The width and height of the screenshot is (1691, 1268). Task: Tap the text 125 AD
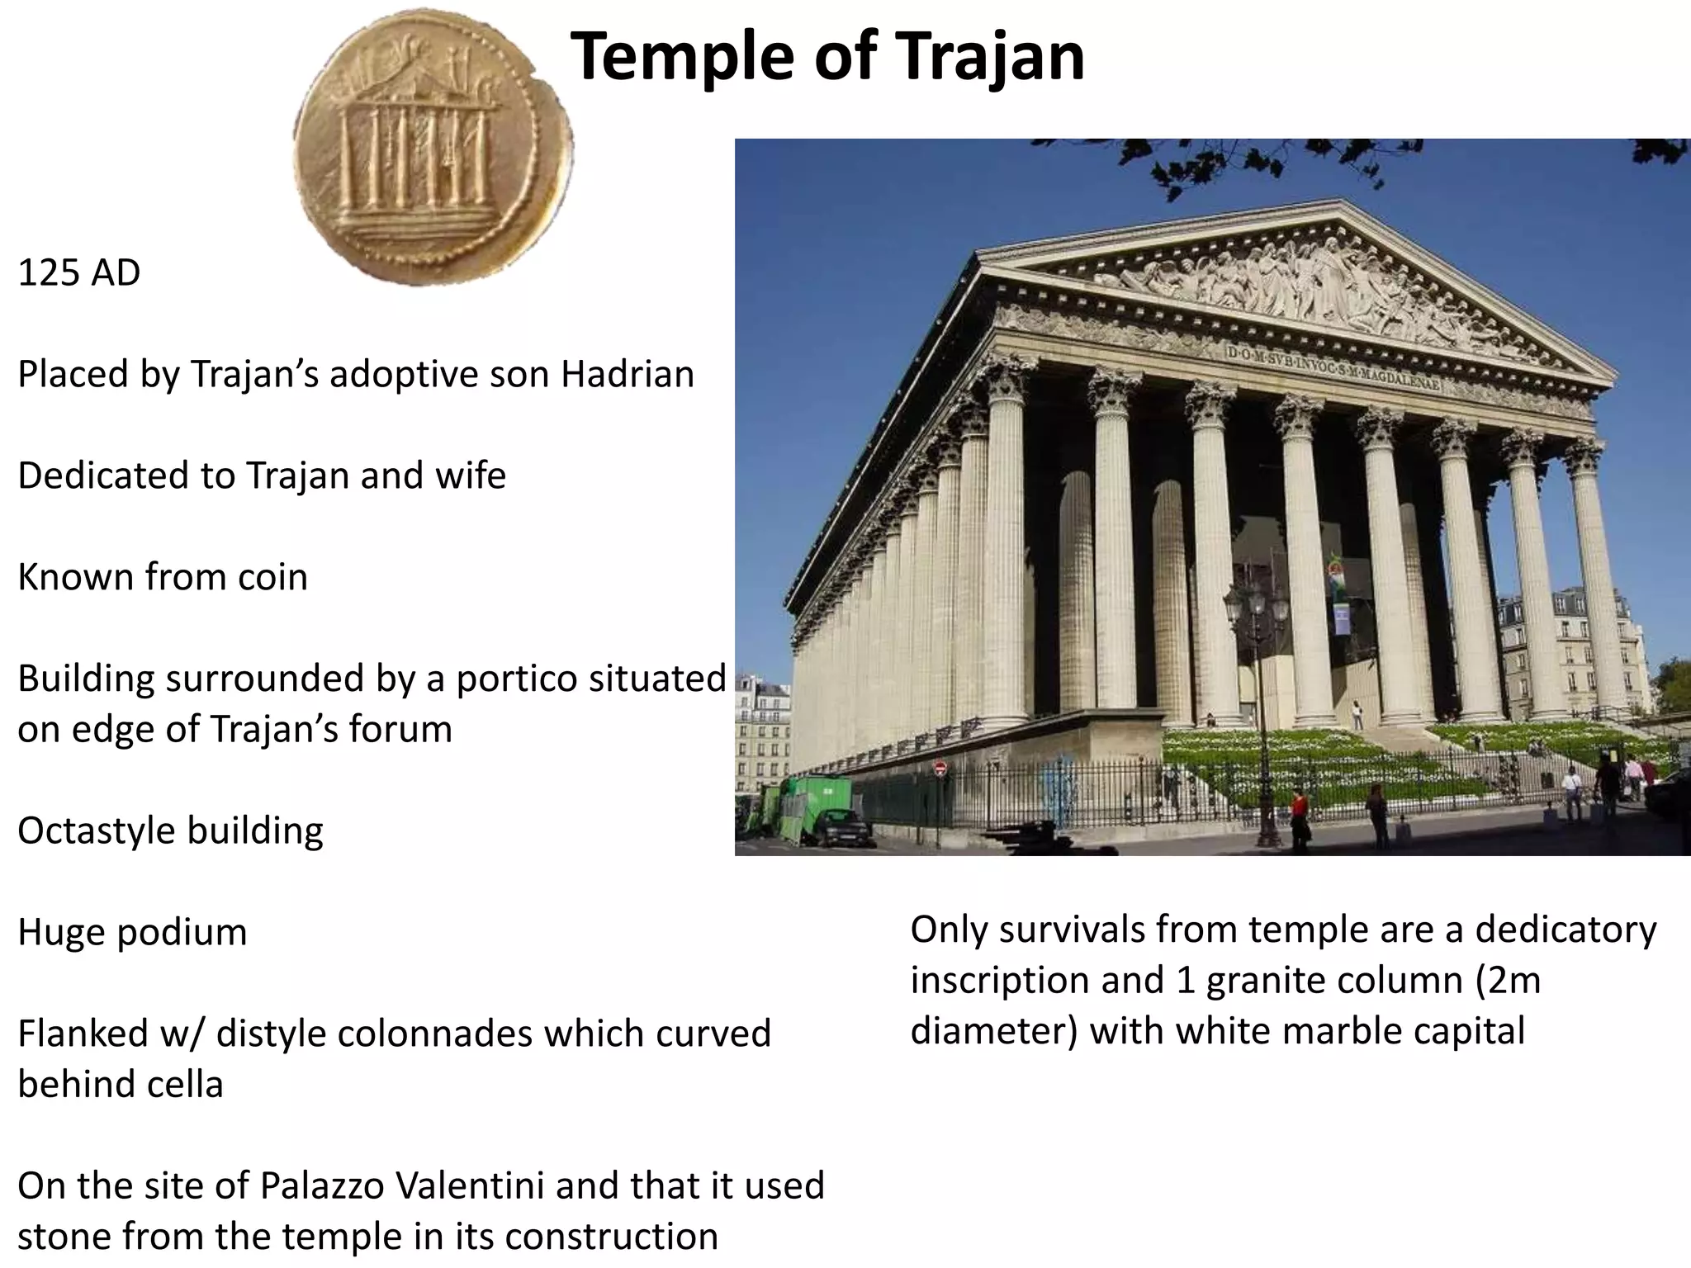pyautogui.click(x=79, y=272)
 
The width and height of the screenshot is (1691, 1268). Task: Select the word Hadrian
pyautogui.click(x=628, y=374)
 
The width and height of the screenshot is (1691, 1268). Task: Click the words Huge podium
pyautogui.click(x=132, y=932)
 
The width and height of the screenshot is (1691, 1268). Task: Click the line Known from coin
pyautogui.click(x=163, y=577)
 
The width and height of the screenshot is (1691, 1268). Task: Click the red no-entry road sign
pyautogui.click(x=940, y=769)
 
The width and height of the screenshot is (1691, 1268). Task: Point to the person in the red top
pyautogui.click(x=1299, y=813)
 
